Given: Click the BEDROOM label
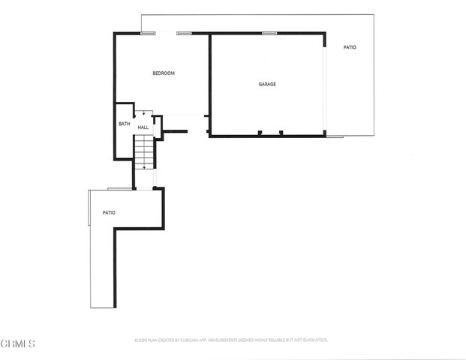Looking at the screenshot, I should (x=164, y=73).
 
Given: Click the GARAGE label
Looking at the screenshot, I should (x=267, y=84).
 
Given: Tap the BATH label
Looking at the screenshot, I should (x=124, y=124).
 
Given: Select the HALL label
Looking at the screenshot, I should (x=143, y=128).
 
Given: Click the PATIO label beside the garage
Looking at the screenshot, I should (x=350, y=47).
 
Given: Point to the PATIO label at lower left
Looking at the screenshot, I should (x=109, y=213).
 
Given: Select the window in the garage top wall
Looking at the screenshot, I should (x=269, y=33).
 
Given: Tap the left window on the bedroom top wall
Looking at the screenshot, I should (x=149, y=33).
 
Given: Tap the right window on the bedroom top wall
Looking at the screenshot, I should (x=185, y=33).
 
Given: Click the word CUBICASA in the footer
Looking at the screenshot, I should (x=188, y=340).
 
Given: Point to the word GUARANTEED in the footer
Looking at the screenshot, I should (x=314, y=340).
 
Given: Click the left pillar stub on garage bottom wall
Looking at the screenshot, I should (x=259, y=133).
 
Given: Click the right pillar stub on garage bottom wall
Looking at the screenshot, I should (x=281, y=133).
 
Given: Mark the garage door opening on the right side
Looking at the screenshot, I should (x=325, y=86).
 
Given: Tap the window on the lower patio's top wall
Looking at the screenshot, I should (x=116, y=187).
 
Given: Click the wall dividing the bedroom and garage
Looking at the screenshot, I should (x=209, y=82).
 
